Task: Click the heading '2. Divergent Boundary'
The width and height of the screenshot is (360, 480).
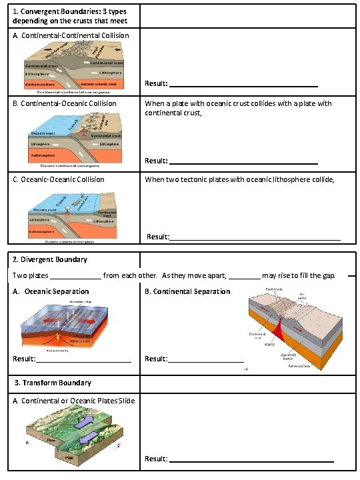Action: pos(50,259)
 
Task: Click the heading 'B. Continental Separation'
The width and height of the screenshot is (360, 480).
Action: pos(187,291)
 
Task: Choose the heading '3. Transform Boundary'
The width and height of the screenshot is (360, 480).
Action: pos(53,383)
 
